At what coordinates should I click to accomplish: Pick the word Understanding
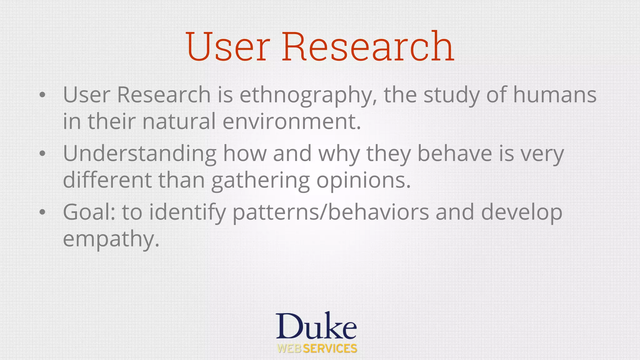140,154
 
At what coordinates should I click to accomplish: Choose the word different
107,180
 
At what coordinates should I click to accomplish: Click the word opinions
363,181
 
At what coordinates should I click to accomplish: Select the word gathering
260,181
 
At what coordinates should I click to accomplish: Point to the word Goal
89,212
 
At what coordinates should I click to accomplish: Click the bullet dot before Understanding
42,154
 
